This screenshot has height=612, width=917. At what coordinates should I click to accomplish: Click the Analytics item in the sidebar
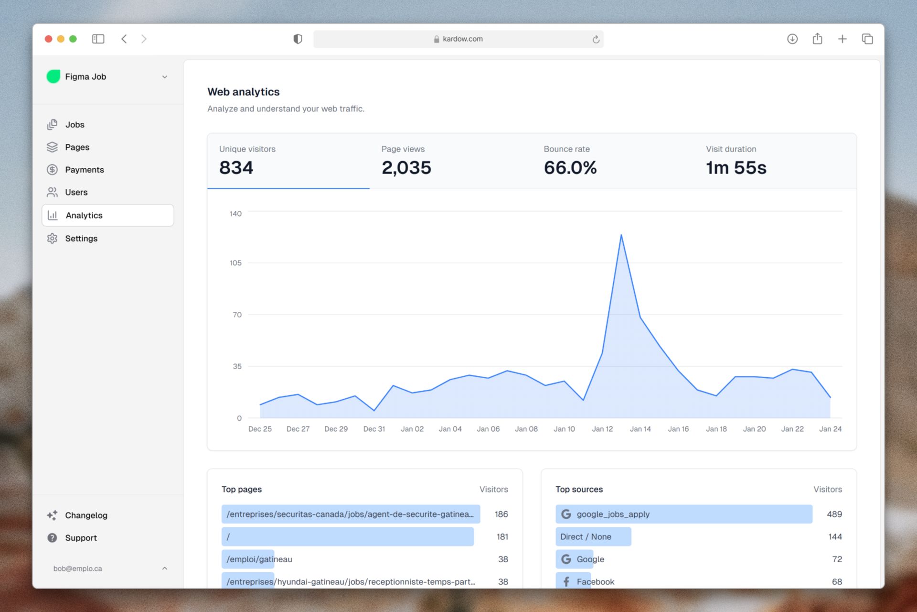[x=84, y=215]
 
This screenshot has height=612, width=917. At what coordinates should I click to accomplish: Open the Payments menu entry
[x=84, y=170]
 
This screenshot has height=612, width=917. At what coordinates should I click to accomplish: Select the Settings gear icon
[x=52, y=238]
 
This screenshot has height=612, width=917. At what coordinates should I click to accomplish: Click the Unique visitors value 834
[x=236, y=168]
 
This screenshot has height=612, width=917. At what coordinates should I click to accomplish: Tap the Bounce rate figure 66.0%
[x=570, y=168]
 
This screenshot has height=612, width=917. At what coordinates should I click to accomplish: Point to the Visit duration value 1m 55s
[x=736, y=168]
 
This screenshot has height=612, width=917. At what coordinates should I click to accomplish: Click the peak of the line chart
[x=621, y=235]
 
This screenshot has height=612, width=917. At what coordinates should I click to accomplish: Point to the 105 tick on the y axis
[x=235, y=263]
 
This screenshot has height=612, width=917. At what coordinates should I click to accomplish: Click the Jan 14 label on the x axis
[x=640, y=429]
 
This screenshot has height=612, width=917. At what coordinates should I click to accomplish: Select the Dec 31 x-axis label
[x=373, y=429]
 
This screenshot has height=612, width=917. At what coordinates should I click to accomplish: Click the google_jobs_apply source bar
[x=683, y=514]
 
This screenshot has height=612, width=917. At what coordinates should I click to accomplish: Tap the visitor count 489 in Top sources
[x=834, y=514]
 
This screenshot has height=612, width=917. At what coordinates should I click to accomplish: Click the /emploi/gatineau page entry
[x=259, y=559]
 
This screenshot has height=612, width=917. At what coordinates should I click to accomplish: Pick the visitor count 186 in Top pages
[x=501, y=514]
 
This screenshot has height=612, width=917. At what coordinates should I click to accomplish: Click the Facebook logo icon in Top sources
[x=566, y=581]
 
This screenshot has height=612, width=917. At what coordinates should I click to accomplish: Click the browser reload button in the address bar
[x=596, y=39]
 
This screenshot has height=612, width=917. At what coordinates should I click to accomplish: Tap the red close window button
[x=48, y=39]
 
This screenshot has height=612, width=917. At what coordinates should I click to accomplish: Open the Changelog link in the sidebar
[x=86, y=515]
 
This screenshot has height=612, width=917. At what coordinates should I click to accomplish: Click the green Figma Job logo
[x=53, y=76]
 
